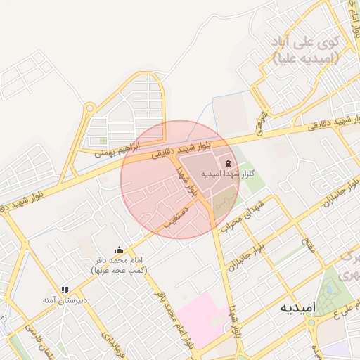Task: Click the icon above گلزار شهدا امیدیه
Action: [x=227, y=162]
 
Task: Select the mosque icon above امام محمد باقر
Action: [x=119, y=250]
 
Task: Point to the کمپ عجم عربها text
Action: [x=118, y=270]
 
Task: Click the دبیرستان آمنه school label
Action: [x=65, y=300]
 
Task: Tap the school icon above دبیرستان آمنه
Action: [x=65, y=289]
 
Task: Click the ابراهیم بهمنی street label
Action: [x=118, y=148]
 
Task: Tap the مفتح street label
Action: [x=308, y=243]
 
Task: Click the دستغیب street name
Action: [x=176, y=217]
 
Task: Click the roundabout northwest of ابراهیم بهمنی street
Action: [x=89, y=108]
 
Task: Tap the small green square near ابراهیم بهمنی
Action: [x=103, y=140]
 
